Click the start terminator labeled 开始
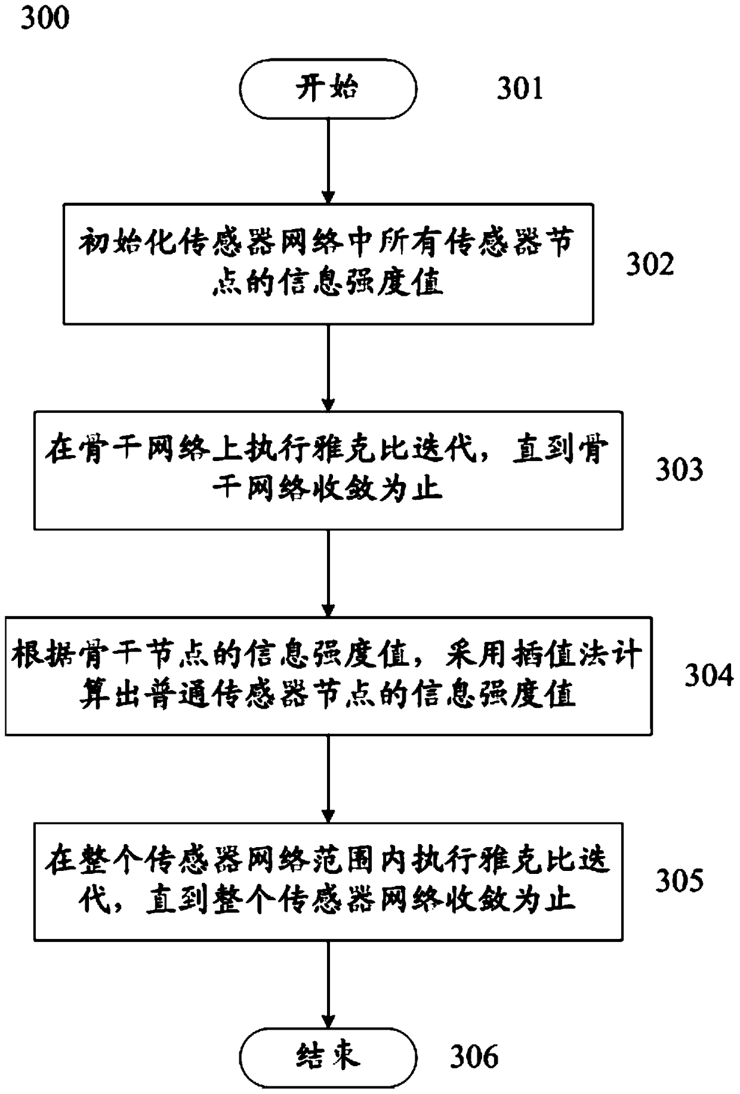click(328, 89)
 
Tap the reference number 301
click(520, 89)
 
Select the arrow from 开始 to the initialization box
click(328, 161)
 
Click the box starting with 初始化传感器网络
click(328, 264)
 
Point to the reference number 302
click(649, 264)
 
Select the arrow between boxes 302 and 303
click(328, 367)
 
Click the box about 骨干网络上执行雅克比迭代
click(328, 470)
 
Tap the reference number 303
click(679, 469)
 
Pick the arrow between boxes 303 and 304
click(328, 573)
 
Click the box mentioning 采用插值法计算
click(328, 675)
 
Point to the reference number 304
click(708, 675)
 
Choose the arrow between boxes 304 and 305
click(328, 778)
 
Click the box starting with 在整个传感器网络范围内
click(328, 881)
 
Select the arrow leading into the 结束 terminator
click(328, 984)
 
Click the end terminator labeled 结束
click(328, 1056)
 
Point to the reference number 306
click(474, 1056)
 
